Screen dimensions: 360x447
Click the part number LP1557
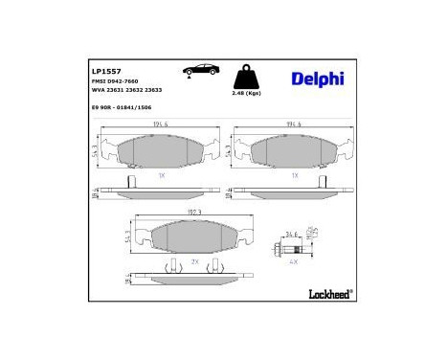pos(103,71)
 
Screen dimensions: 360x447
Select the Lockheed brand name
pos(326,292)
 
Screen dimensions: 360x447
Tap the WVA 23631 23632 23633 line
pos(125,92)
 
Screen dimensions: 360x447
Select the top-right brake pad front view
pos(294,151)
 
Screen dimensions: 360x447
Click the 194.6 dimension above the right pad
pos(294,124)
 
